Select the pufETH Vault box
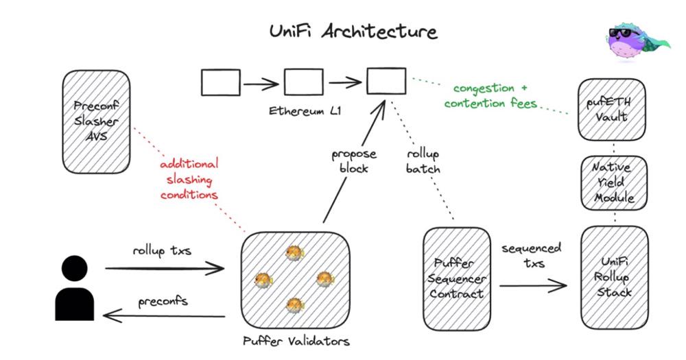[x=613, y=109]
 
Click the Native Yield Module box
[x=613, y=182]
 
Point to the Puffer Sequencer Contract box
[x=456, y=278]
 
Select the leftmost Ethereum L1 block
[x=221, y=82]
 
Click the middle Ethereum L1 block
[x=303, y=82]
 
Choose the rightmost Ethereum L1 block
[x=386, y=82]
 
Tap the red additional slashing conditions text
[x=189, y=179]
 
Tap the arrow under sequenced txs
[x=532, y=283]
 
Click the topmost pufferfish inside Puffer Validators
[x=294, y=253]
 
